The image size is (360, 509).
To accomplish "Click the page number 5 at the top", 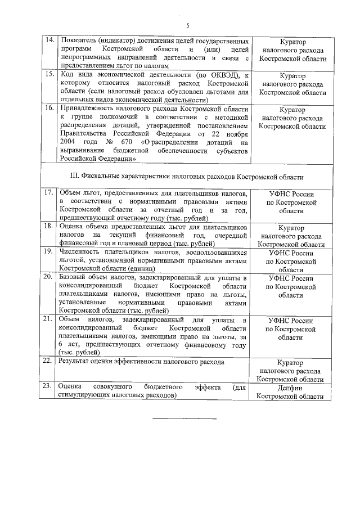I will pos(188,25).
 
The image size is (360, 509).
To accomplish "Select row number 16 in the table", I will pos(49,107).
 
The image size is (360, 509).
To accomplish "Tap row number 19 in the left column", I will pos(49,253).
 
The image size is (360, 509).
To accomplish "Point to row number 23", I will pos(49,388).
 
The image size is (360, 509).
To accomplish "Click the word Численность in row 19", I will pos(82,253).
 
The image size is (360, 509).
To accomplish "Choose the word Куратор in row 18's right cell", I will pos(291,228).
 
